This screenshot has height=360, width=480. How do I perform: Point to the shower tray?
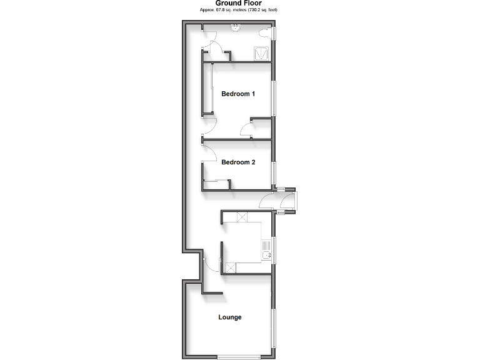pyautogui.click(x=262, y=54)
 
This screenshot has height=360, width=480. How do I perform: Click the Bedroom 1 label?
pyautogui.click(x=238, y=94)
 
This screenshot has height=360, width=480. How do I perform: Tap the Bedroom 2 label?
pyautogui.click(x=238, y=162)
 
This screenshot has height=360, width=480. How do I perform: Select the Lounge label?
pyautogui.click(x=229, y=317)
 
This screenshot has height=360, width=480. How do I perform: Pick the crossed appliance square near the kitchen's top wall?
pyautogui.click(x=241, y=217)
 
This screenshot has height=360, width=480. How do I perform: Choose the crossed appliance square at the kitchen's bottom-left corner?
pyautogui.click(x=230, y=267)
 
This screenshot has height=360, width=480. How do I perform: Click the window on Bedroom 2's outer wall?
pyautogui.click(x=274, y=171)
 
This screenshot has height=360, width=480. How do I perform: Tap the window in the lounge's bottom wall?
pyautogui.click(x=239, y=357)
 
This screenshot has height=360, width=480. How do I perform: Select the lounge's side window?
pyautogui.click(x=273, y=328)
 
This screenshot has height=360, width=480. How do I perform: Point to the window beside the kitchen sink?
pyautogui.click(x=274, y=250)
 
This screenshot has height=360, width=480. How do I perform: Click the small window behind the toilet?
pyautogui.click(x=276, y=32)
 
